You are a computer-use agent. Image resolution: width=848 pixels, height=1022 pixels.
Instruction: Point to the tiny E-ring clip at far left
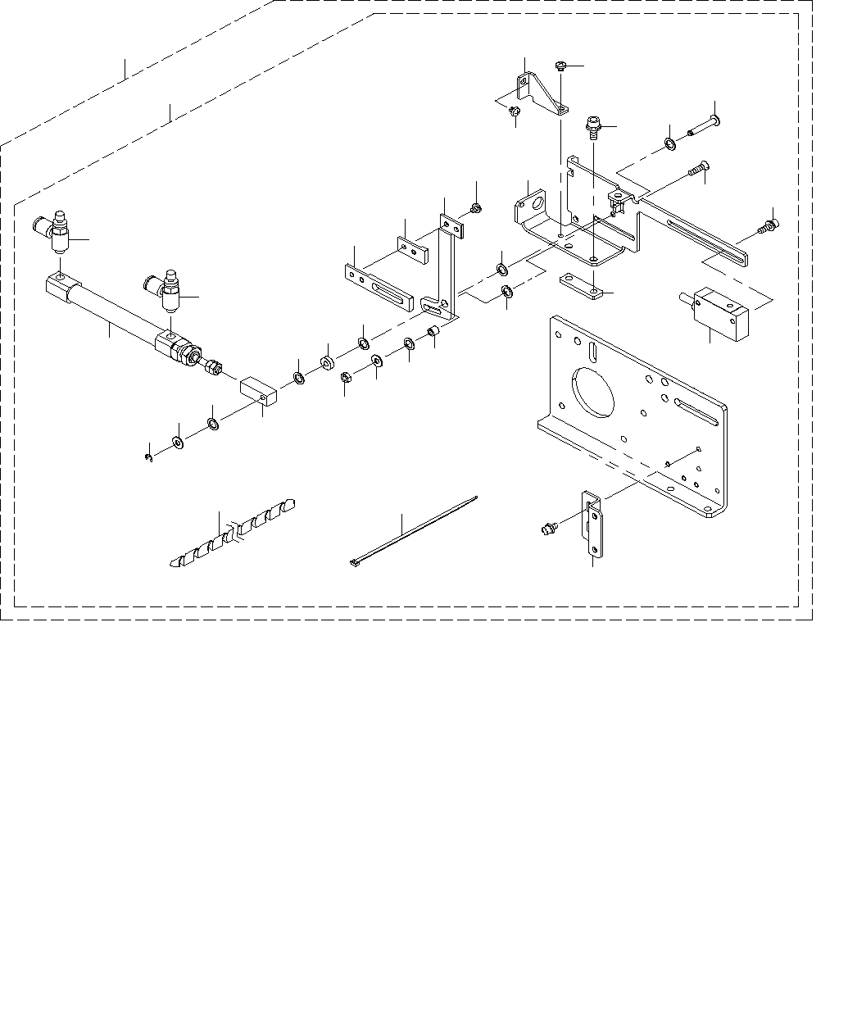(x=148, y=456)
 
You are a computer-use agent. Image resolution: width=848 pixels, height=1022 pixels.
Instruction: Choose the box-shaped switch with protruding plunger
(x=721, y=313)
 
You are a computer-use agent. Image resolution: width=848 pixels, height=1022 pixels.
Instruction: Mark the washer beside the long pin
(x=669, y=145)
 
